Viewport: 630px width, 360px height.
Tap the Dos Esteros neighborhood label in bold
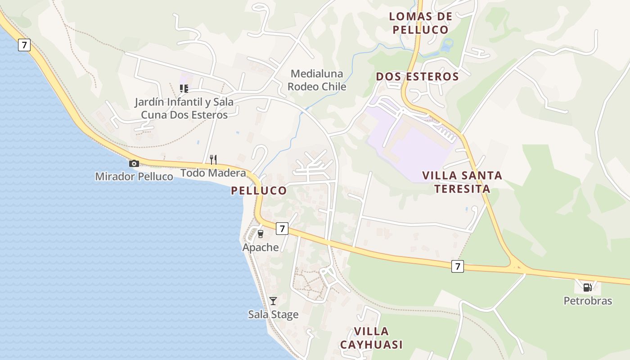coord(417,76)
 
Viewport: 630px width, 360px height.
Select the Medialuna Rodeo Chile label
coord(317,80)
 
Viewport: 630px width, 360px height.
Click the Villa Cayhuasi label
coord(371,338)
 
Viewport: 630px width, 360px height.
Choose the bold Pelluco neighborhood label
coord(259,190)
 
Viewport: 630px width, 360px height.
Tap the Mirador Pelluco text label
coord(134,176)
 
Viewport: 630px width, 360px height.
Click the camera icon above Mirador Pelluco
coord(134,164)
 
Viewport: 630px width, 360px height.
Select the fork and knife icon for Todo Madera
coord(213,159)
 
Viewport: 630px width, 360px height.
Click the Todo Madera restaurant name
coord(213,173)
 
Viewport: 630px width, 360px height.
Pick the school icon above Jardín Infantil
coord(184,88)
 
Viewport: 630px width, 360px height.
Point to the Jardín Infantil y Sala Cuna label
coord(184,108)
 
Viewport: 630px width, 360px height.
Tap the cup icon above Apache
coord(260,234)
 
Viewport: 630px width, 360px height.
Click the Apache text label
coord(261,247)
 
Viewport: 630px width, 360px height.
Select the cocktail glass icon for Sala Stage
coord(273,301)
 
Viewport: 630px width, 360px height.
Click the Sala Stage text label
coord(273,314)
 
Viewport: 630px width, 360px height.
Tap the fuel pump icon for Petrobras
coord(587,287)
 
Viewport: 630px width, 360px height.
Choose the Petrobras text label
coord(588,301)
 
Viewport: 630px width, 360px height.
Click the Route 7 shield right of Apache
coord(282,229)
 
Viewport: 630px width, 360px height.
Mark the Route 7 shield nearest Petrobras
coord(458,266)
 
